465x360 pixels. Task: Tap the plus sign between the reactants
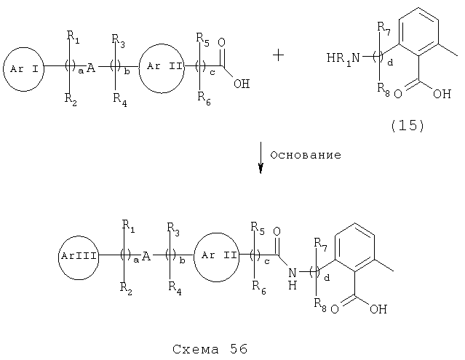[278, 55]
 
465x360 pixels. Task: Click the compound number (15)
[408, 126]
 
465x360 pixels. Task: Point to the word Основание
[306, 155]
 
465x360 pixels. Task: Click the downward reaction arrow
[261, 158]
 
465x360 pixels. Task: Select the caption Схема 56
[210, 349]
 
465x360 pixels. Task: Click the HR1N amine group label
[343, 58]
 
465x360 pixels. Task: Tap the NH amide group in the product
[293, 279]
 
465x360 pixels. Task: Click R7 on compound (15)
[383, 28]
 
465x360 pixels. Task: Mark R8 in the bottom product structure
[320, 305]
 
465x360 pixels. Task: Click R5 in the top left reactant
[202, 40]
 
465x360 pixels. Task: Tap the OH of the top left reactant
[242, 84]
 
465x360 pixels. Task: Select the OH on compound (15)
[442, 94]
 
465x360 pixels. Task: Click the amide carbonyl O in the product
[277, 232]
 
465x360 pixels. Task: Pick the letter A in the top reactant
[91, 68]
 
